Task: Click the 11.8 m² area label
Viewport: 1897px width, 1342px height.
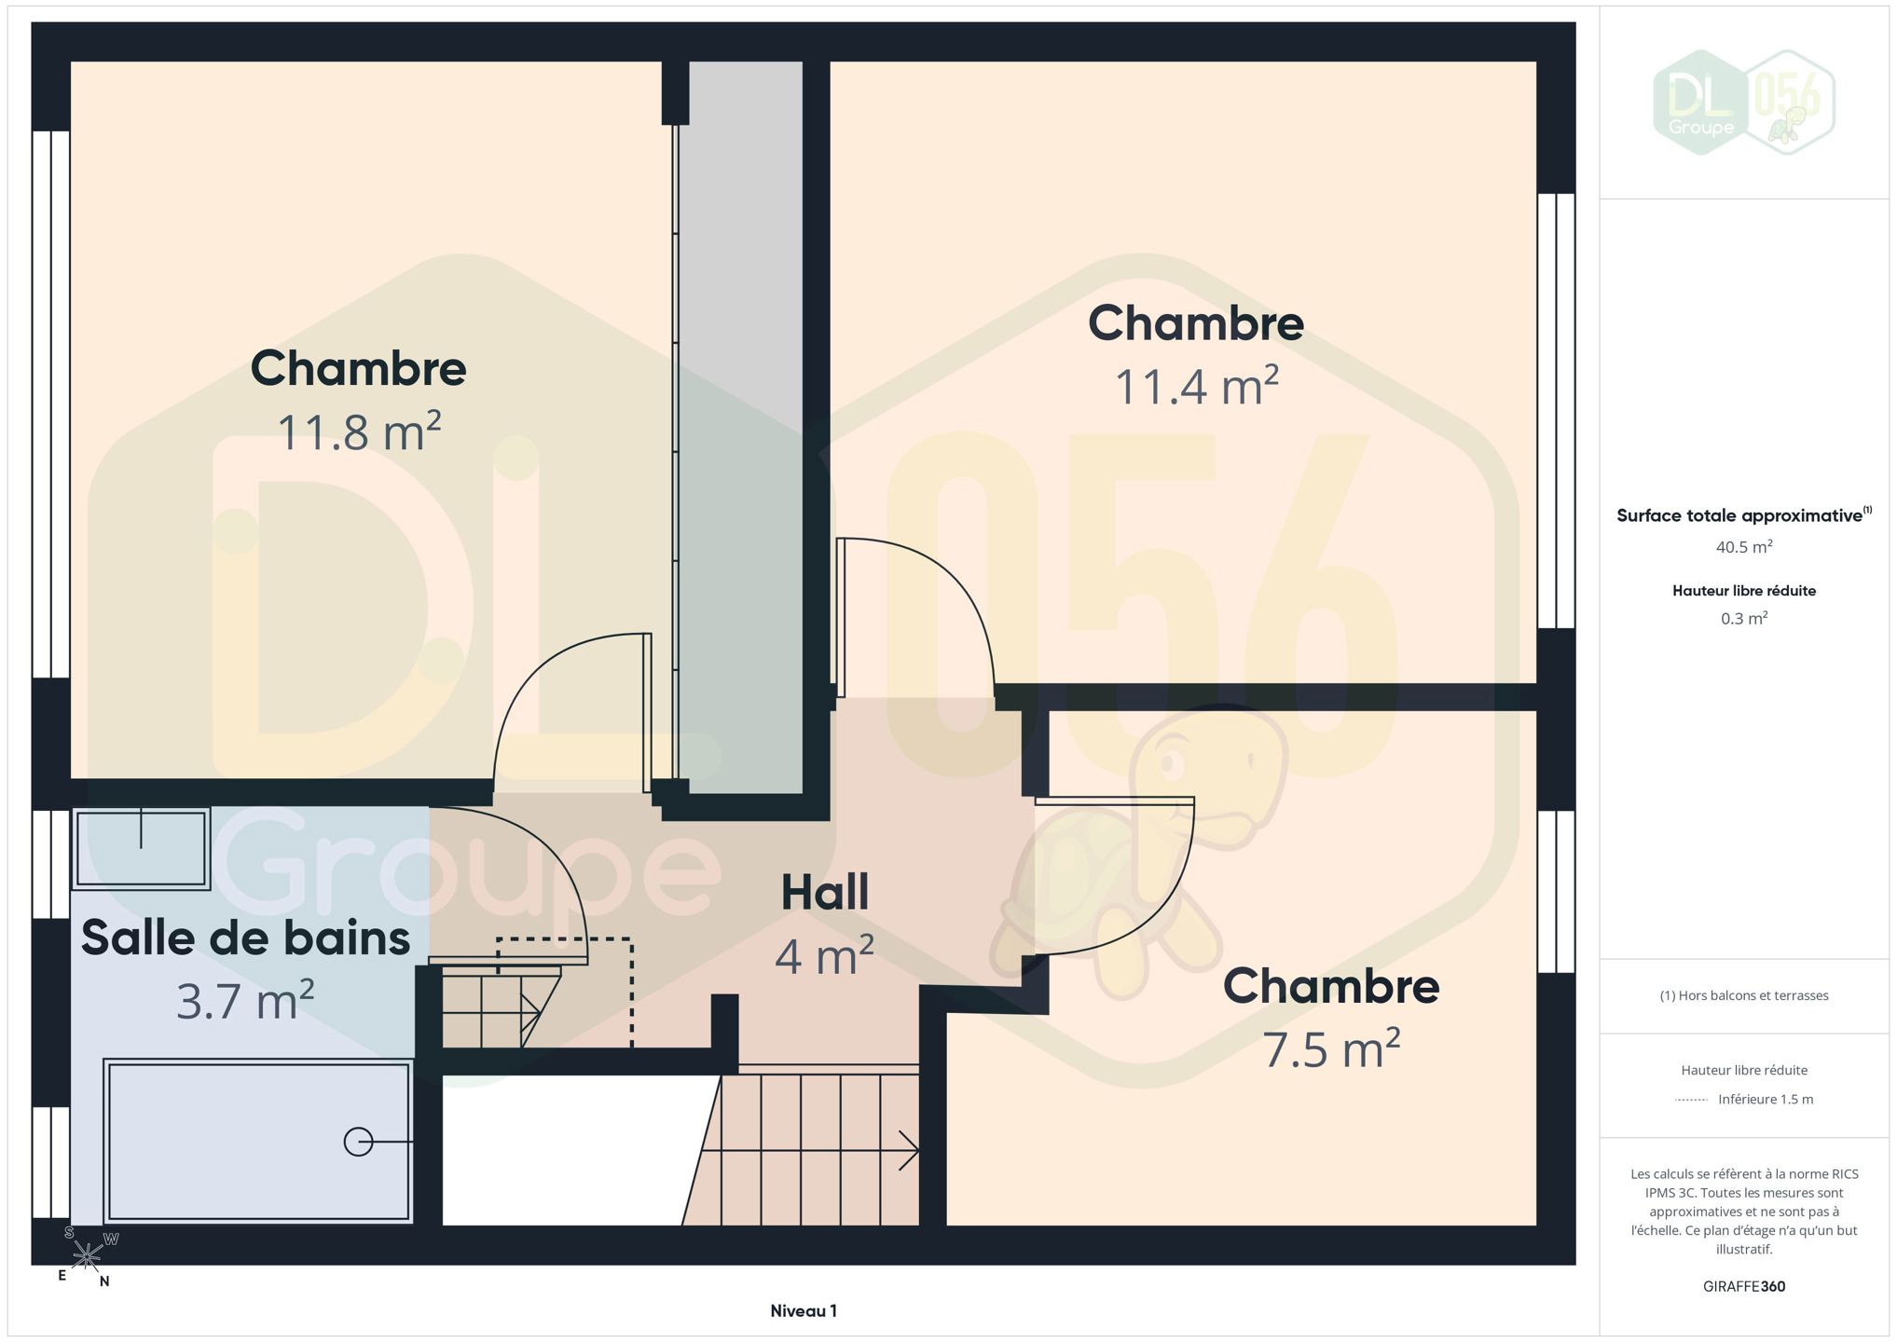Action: tap(359, 432)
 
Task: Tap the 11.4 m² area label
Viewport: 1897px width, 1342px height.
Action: tap(1196, 386)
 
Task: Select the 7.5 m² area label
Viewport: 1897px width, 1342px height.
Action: tap(1331, 1048)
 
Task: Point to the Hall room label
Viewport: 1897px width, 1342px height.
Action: tap(825, 892)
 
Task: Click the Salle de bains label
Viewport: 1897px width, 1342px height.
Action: tap(245, 938)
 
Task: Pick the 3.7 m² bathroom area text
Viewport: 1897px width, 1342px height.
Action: tap(245, 1001)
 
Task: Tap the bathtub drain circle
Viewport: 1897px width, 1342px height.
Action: tap(358, 1142)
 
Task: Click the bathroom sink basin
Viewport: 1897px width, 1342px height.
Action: tap(141, 848)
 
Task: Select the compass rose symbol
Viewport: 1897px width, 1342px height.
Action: tap(87, 1257)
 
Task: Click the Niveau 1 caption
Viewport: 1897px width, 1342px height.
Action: tap(804, 1311)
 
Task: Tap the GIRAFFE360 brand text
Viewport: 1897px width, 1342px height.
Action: tap(1744, 1287)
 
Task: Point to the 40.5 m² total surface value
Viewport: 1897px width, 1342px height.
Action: tap(1744, 547)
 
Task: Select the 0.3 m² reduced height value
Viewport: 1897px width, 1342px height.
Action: tap(1744, 618)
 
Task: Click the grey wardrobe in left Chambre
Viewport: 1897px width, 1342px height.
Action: tap(740, 428)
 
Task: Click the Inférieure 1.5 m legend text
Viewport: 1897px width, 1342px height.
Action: tap(1766, 1100)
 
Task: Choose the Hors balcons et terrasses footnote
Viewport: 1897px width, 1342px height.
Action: tap(1744, 995)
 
